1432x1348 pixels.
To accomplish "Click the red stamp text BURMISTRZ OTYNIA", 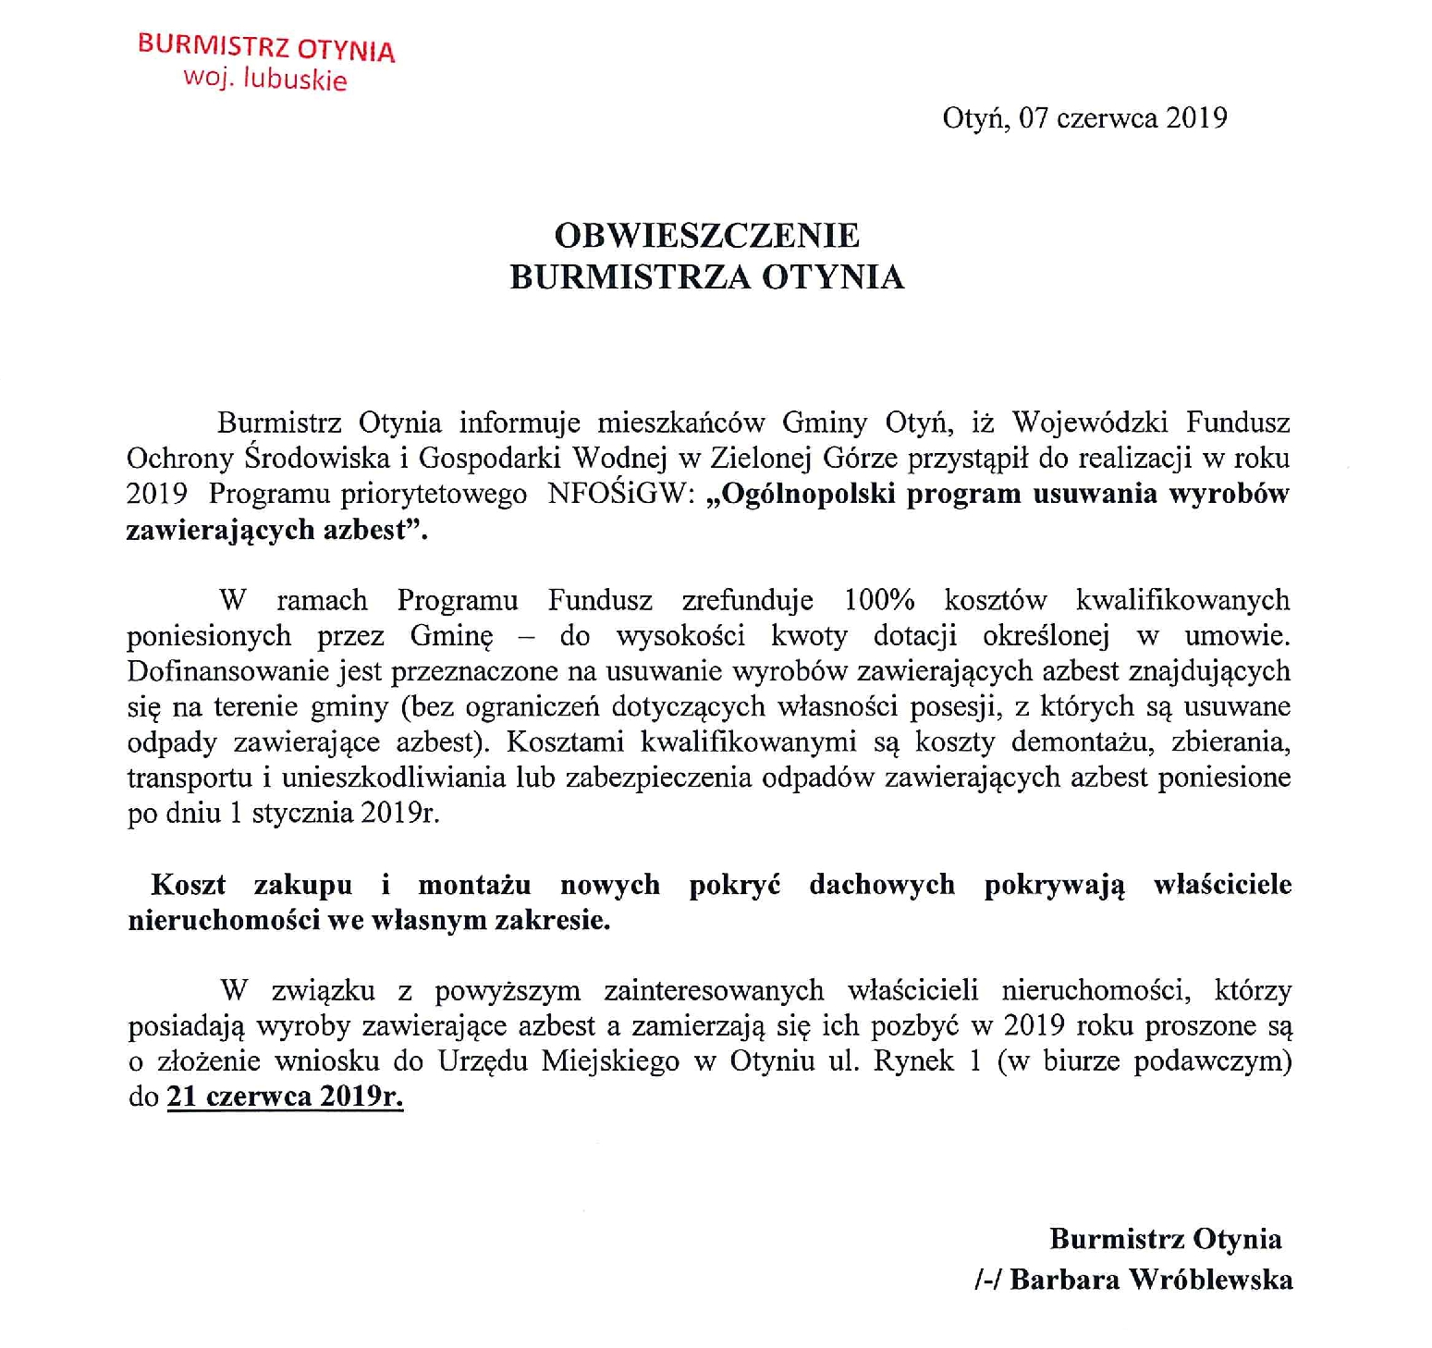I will [266, 47].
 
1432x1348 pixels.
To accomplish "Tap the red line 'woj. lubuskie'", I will [265, 79].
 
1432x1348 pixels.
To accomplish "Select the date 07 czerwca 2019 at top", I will [1123, 118].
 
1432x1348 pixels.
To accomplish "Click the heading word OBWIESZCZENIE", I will [707, 236].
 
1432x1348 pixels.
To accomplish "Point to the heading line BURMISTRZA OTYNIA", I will [707, 277].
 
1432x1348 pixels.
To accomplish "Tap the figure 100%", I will [879, 600].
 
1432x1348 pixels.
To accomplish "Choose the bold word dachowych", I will [882, 885].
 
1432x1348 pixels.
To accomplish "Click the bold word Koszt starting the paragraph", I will [189, 885].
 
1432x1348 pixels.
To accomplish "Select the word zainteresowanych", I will [714, 990].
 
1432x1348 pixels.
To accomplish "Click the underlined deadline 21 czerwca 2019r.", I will [285, 1097].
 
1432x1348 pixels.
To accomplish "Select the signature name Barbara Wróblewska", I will [1151, 1280].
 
